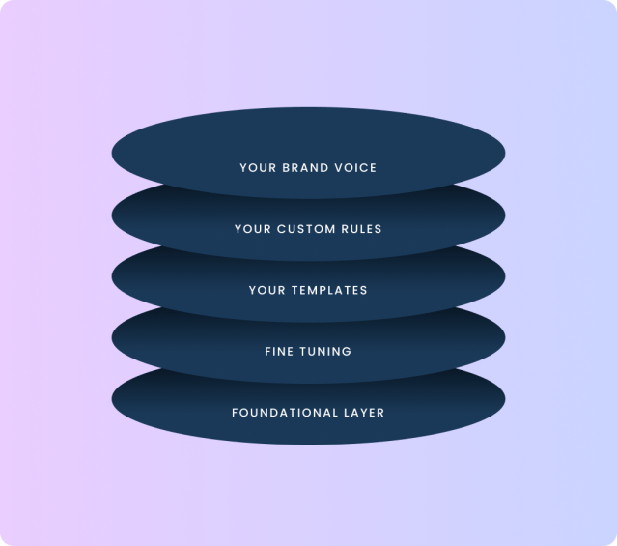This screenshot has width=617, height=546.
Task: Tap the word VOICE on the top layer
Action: click(x=355, y=168)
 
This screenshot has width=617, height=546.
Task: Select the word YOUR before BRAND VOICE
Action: click(x=258, y=168)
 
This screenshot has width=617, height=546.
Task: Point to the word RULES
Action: click(x=361, y=229)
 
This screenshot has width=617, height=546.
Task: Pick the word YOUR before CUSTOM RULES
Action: click(x=253, y=229)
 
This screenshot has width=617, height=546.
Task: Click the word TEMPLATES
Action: click(x=329, y=290)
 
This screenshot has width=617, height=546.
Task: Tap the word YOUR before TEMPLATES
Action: click(x=267, y=290)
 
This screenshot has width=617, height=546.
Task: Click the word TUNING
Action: click(x=325, y=352)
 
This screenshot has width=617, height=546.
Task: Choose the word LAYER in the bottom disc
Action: click(x=364, y=413)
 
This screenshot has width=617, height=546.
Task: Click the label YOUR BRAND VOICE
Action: click(x=308, y=168)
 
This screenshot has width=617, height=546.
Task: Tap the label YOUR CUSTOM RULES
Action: click(x=308, y=229)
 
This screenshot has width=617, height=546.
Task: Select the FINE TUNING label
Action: click(x=308, y=352)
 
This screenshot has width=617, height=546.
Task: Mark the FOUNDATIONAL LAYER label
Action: click(x=308, y=413)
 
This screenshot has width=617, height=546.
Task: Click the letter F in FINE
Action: click(x=268, y=352)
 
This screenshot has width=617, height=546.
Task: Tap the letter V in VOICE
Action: click(x=338, y=168)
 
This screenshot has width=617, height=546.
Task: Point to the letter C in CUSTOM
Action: click(x=281, y=229)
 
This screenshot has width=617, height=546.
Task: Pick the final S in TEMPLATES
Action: click(x=364, y=290)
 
